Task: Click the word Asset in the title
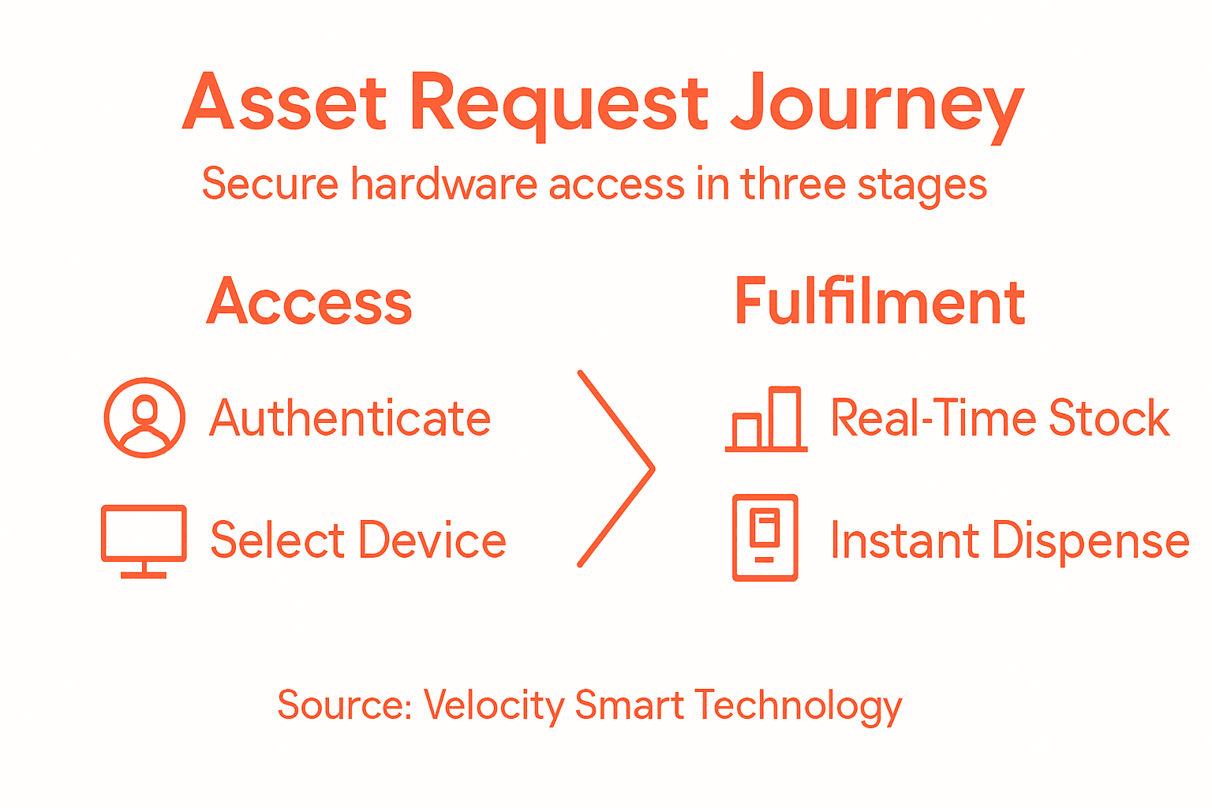tap(285, 103)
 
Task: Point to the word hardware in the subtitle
tap(443, 184)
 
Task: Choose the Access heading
tap(309, 302)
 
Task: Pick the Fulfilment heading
tap(879, 301)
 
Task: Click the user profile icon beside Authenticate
tap(144, 417)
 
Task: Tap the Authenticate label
tap(350, 418)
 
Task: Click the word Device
tap(432, 541)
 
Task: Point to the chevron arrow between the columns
tap(616, 469)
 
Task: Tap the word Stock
tap(1109, 418)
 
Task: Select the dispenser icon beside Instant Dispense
tap(765, 537)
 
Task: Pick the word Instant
tap(904, 541)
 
